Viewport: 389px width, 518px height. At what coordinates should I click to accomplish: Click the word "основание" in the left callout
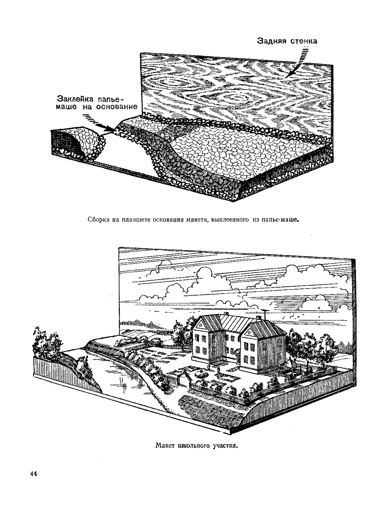pos(116,107)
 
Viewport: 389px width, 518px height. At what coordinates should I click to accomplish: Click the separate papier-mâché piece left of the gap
pos(78,144)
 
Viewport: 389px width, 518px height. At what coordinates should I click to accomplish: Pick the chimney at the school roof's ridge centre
pos(226,313)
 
